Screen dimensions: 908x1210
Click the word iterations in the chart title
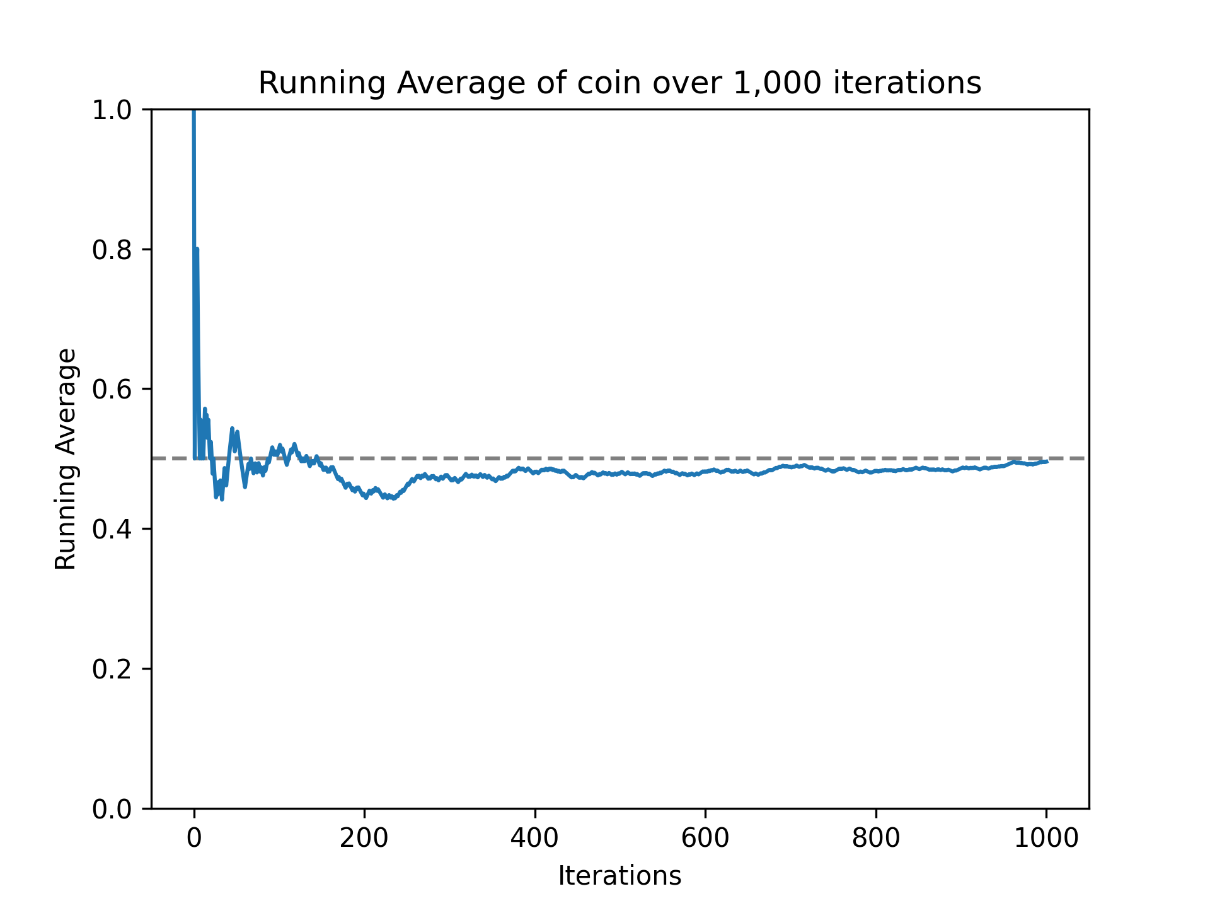point(907,83)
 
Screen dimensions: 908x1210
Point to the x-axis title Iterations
point(619,876)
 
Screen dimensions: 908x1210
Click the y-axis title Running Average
point(66,459)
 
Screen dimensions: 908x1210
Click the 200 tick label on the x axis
point(364,839)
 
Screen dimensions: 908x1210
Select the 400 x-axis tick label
point(535,839)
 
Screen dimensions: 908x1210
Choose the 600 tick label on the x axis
point(705,839)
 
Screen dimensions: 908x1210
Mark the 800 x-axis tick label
point(876,839)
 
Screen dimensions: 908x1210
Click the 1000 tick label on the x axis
point(1046,839)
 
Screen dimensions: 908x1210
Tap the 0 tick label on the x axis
point(194,839)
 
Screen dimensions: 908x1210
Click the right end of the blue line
point(1046,462)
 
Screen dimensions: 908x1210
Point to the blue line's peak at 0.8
point(197,250)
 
